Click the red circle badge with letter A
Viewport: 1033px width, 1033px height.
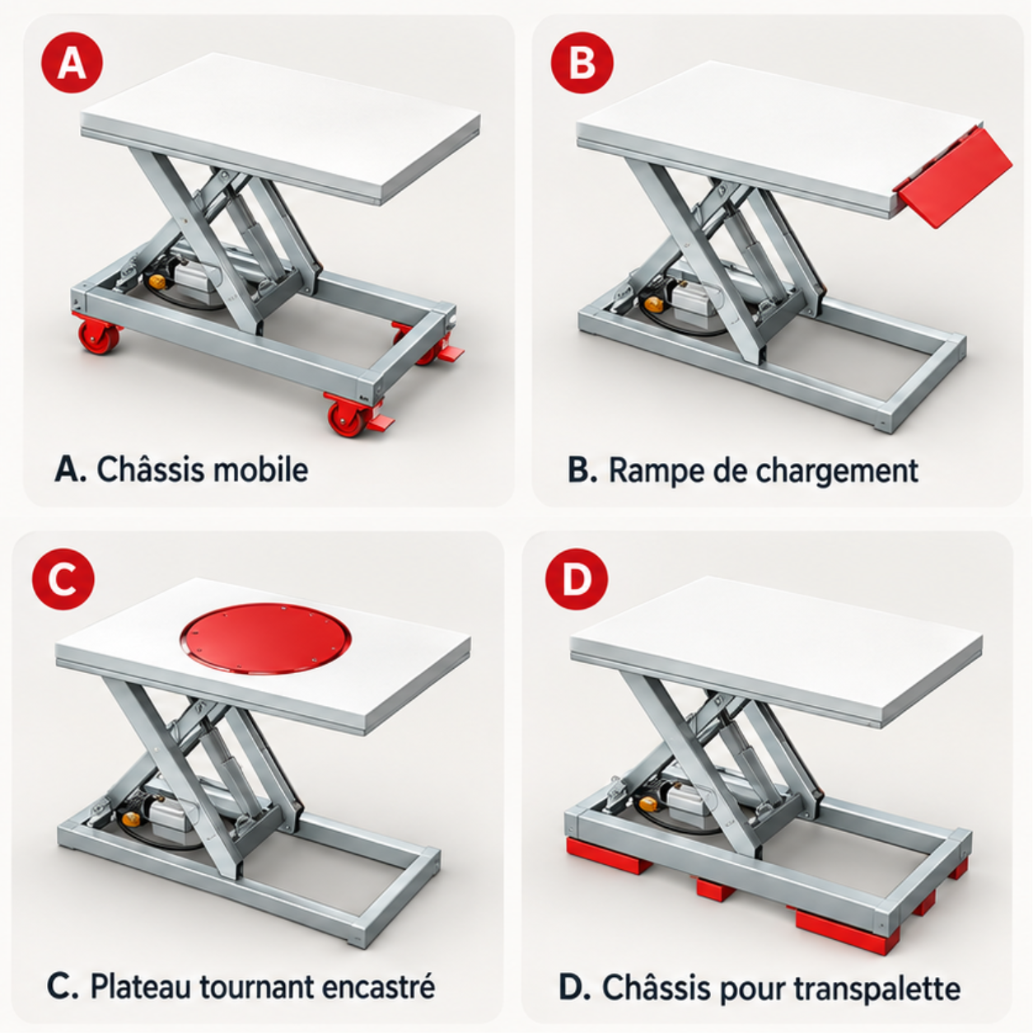(72, 63)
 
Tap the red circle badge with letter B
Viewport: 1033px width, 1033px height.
(582, 63)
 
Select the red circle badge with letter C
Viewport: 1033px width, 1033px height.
(63, 579)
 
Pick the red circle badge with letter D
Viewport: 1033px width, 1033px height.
(577, 579)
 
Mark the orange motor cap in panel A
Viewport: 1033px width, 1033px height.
(157, 281)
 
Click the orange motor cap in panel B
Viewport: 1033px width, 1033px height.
(654, 305)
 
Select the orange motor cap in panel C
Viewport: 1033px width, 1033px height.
(130, 819)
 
